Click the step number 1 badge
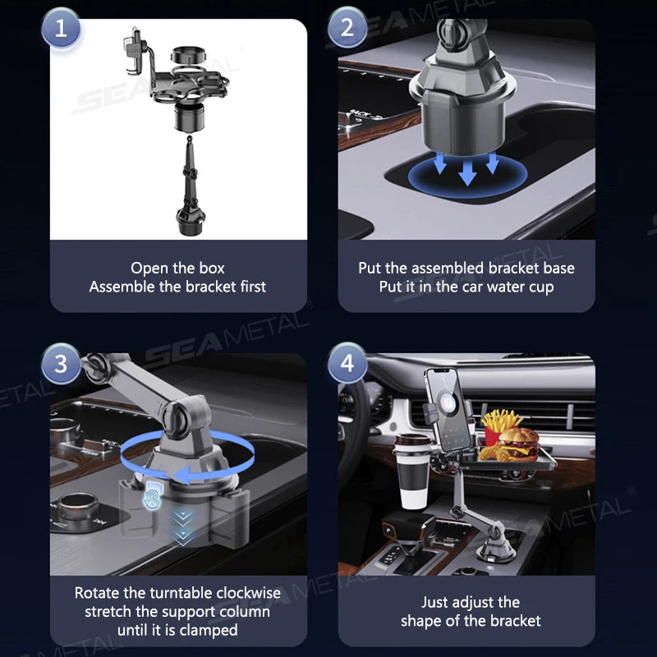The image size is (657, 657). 61,30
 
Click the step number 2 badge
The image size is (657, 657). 347,30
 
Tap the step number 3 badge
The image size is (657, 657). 61,362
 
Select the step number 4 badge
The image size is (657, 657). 347,362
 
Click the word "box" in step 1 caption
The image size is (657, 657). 210,268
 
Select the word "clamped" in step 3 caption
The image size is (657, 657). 211,630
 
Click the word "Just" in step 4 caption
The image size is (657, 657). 438,602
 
